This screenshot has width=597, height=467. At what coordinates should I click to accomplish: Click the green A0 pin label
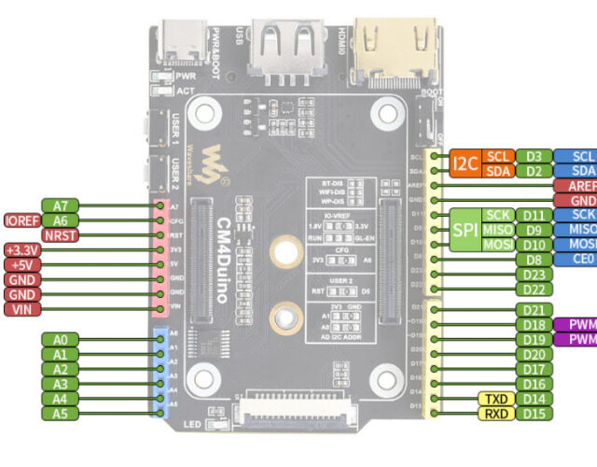pos(61,339)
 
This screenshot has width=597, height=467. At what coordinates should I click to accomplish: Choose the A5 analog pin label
pos(61,413)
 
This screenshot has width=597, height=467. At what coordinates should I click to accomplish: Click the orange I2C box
pos(465,163)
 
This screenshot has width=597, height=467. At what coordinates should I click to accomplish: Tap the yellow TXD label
pos(493,399)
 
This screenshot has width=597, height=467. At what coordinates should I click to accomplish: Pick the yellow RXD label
pos(493,413)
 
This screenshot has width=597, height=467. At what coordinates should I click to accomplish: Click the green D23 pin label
pos(534,275)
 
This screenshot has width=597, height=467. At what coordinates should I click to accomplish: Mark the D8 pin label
pos(534,260)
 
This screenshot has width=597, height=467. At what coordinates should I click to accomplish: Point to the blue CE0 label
pos(576,260)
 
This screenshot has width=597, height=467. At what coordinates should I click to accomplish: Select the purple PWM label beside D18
pos(576,324)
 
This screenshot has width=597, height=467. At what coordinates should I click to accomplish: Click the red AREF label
pos(576,186)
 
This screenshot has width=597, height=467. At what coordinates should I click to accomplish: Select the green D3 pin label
pos(534,156)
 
